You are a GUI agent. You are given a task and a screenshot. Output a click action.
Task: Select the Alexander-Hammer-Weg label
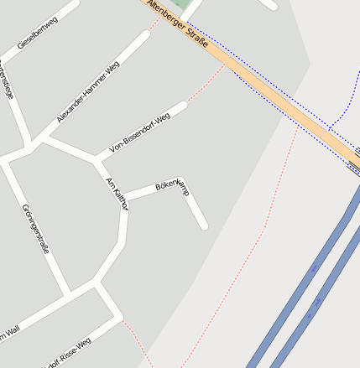point(88,92)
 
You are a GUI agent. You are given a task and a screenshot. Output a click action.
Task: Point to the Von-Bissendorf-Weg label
point(139,132)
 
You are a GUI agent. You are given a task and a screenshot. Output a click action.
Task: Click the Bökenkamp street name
point(172,186)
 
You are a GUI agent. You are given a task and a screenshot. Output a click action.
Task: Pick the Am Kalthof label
point(117,194)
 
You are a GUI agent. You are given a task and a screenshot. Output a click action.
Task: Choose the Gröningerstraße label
point(36,228)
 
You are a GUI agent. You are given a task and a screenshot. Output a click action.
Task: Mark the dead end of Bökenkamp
point(203,225)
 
